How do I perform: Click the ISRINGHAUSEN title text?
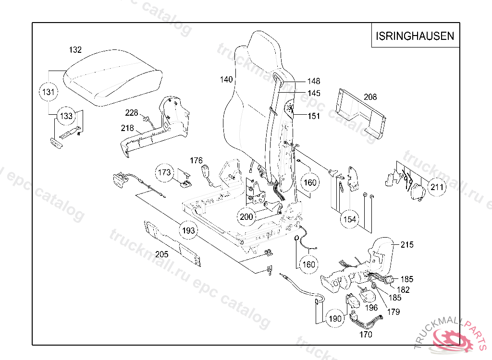(x=415, y=36)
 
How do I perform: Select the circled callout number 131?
(x=49, y=92)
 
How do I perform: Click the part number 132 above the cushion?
(x=75, y=50)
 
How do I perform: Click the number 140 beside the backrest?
(x=226, y=79)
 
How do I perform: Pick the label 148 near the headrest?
(x=314, y=82)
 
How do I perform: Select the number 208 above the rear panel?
(x=370, y=97)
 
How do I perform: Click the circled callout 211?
(x=437, y=187)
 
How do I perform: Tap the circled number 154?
(x=350, y=219)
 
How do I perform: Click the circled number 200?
(x=246, y=217)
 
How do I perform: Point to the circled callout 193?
(x=189, y=231)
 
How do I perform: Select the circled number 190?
(x=335, y=318)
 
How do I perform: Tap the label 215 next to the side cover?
(x=406, y=245)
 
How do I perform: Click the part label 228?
(x=132, y=113)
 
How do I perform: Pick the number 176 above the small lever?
(x=196, y=160)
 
